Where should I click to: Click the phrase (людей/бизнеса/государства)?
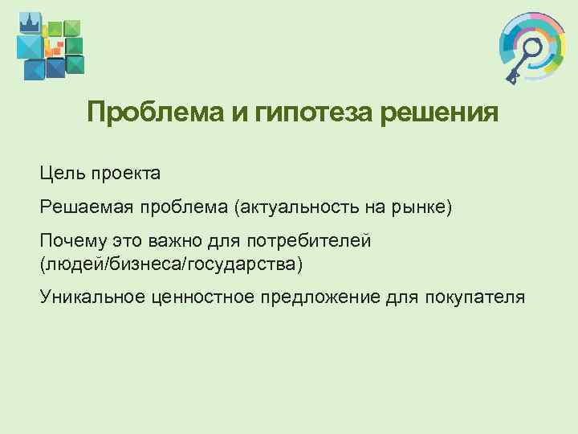coord(172,263)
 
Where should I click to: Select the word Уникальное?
coord(91,297)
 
